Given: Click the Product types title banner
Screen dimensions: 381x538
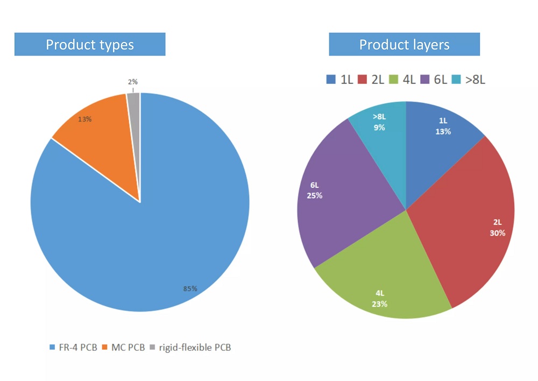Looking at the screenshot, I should [90, 44].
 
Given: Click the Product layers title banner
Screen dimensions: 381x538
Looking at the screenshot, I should [404, 44].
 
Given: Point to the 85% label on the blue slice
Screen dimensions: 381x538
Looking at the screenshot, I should [190, 289].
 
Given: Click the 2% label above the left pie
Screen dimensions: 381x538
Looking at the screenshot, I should [133, 82].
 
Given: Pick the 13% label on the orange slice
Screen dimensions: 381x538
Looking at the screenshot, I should [85, 119].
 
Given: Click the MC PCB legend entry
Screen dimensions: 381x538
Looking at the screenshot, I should [125, 348].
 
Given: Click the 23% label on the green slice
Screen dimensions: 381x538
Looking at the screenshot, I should [379, 304].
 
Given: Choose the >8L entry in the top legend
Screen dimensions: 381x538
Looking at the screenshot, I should [469, 80].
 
